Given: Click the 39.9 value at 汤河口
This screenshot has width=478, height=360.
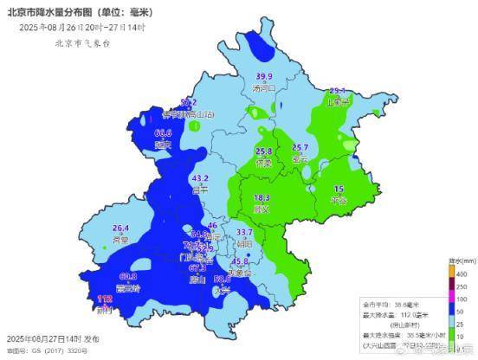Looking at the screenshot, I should [262, 78].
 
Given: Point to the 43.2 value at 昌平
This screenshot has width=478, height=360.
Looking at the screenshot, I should [200, 177].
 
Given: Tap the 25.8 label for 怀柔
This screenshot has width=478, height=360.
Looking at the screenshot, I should [263, 151].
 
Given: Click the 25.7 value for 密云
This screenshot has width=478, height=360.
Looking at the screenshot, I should [300, 147].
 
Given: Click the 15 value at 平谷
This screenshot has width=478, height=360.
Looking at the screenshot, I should [339, 189].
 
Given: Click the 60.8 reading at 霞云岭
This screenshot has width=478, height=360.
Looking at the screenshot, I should [128, 276].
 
